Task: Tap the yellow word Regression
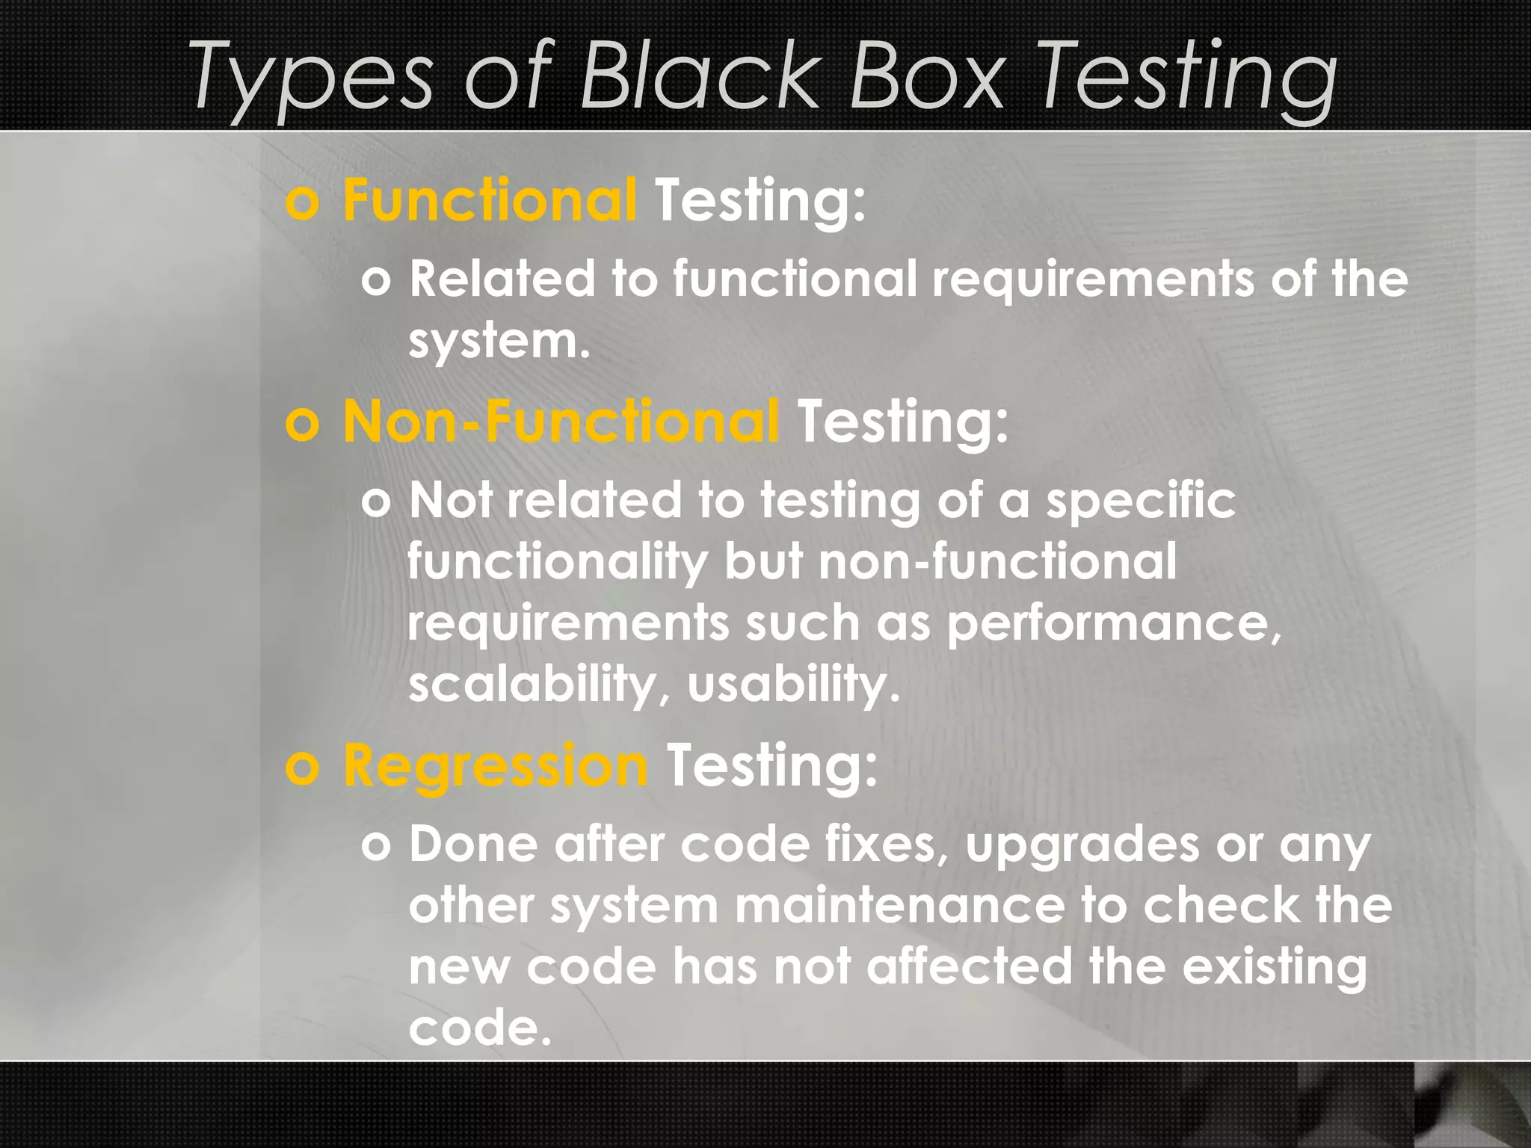(x=495, y=766)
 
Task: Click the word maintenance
(x=899, y=905)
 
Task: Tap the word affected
(x=970, y=966)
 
